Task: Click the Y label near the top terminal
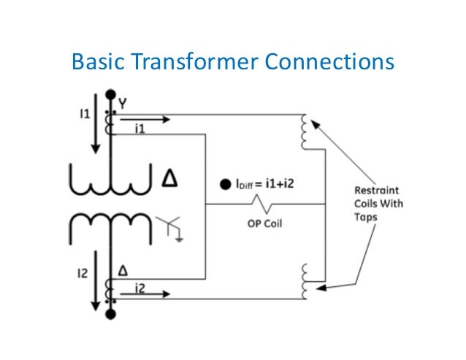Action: click(123, 103)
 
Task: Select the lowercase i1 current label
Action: click(140, 128)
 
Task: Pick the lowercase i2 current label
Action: click(140, 290)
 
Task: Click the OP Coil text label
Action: click(261, 223)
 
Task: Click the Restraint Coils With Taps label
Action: click(373, 203)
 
